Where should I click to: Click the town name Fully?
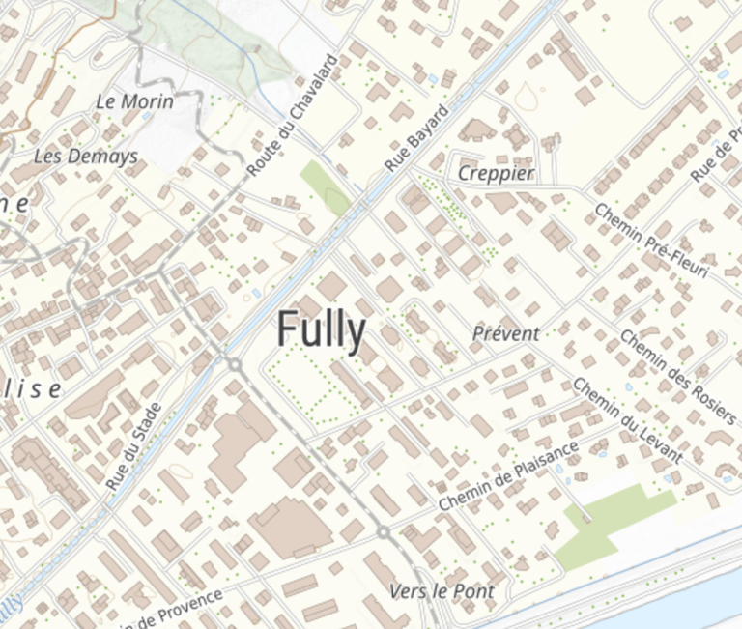coord(321,330)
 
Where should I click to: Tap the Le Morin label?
coord(135,100)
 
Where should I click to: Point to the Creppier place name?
coord(496,174)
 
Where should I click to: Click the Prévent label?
coord(506,333)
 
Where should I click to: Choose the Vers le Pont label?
coord(442,590)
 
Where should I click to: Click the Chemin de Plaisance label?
coord(508,476)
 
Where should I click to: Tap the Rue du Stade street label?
coord(132,445)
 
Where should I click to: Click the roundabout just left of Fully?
coord(234,363)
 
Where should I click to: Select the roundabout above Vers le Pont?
coord(384,532)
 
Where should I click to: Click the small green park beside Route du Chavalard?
coord(325,187)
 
